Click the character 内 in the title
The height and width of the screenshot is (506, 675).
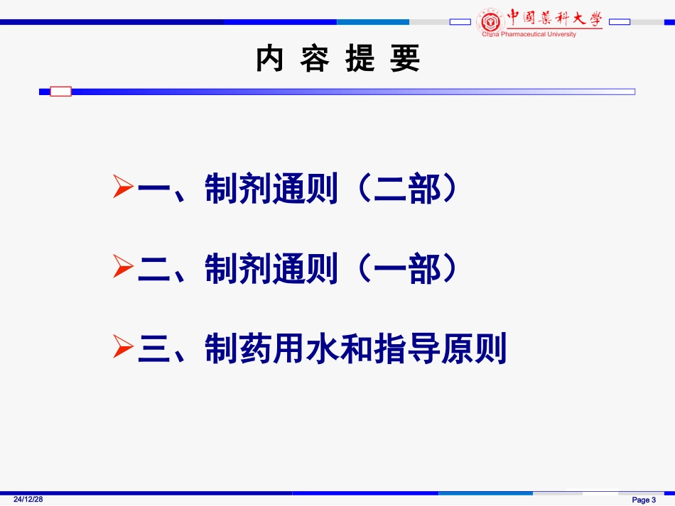[270, 59]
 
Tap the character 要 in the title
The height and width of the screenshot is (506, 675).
[405, 59]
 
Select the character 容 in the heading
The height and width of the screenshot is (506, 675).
[315, 59]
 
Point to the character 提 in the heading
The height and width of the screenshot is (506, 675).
[360, 59]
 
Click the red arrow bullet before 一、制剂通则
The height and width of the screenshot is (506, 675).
[123, 188]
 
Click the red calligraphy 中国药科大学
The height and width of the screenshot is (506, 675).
[554, 18]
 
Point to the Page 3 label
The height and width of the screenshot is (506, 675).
[644, 500]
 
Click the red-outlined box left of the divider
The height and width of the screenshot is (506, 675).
[60, 91]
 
